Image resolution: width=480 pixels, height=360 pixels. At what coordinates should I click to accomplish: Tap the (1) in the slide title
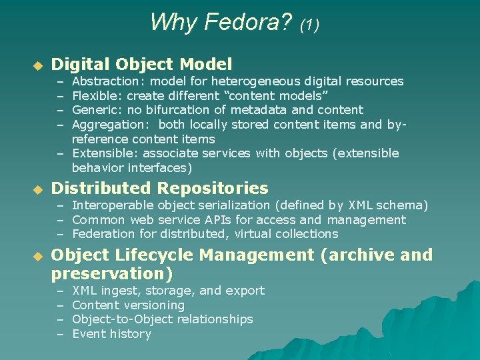(309, 25)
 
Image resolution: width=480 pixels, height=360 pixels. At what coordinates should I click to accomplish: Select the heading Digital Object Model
(142, 65)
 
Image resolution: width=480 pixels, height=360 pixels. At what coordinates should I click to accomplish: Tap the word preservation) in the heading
(111, 274)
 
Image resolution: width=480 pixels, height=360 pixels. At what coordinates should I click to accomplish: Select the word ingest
(117, 291)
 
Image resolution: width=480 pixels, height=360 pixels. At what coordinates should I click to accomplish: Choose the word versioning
(155, 305)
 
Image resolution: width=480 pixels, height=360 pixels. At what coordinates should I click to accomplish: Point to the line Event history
(111, 334)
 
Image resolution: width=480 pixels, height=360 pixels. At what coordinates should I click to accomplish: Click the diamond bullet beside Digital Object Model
(38, 66)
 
